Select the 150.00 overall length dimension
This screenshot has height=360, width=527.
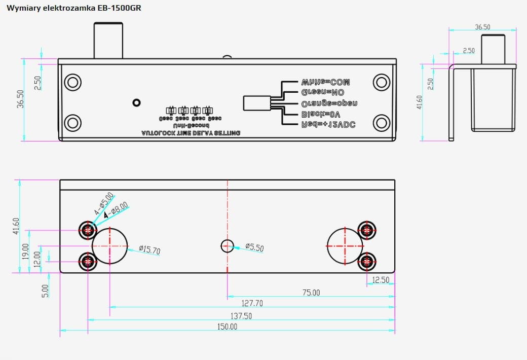[x=227, y=327]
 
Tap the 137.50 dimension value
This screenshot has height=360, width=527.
[x=241, y=316]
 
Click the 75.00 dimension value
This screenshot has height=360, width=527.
[x=311, y=293]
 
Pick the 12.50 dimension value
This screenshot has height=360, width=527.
[x=381, y=280]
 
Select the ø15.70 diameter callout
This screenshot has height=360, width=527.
[x=149, y=249]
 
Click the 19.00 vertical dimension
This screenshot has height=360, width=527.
[x=25, y=251]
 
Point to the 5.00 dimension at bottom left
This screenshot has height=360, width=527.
[x=45, y=291]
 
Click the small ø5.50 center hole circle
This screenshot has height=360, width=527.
[x=228, y=246]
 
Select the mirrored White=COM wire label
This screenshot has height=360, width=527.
[x=325, y=82]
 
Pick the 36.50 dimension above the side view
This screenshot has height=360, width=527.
[x=482, y=27]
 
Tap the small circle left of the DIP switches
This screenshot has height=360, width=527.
[x=136, y=102]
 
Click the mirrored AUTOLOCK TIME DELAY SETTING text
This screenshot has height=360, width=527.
[x=191, y=133]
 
